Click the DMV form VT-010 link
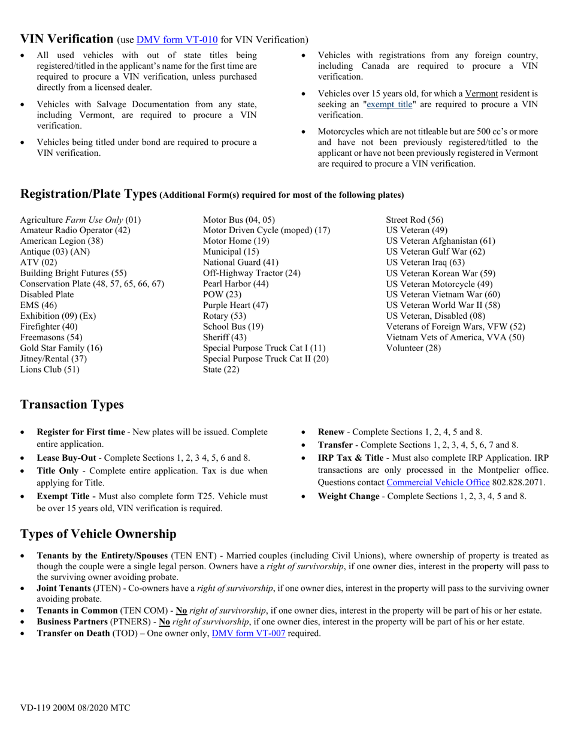tap(177, 40)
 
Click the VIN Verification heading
tap(66, 39)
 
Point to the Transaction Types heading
tap(72, 404)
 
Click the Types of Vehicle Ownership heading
tap(98, 534)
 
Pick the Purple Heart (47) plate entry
tap(235, 305)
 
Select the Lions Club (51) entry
tap(50, 369)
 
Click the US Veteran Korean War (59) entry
tap(440, 273)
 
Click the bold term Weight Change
tap(348, 496)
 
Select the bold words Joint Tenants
tap(63, 589)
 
